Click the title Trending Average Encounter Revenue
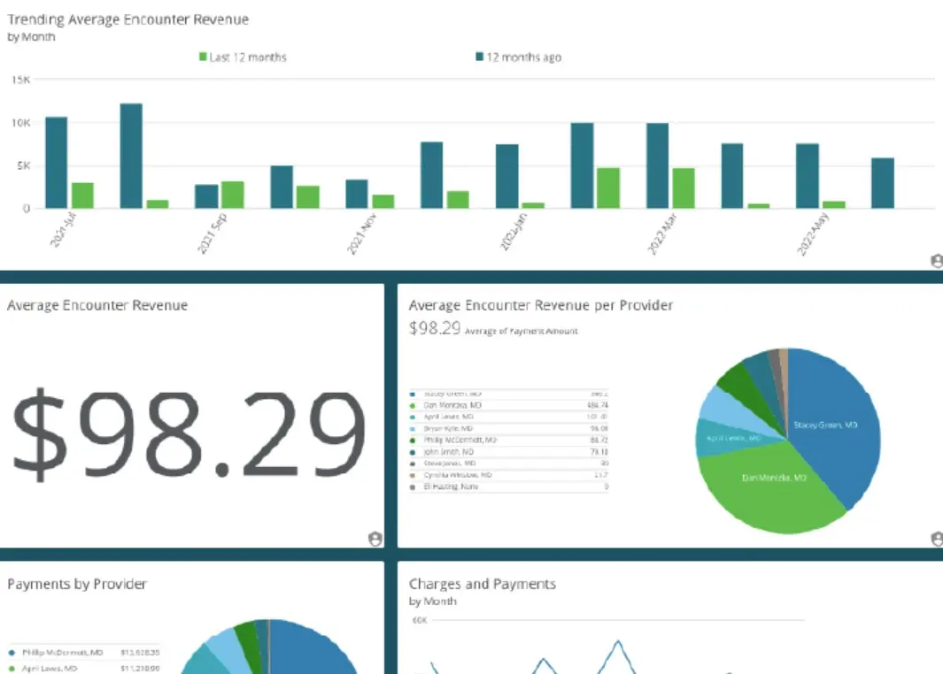(x=128, y=19)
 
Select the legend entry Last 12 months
(x=243, y=57)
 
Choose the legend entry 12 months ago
(x=519, y=57)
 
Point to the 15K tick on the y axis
(x=20, y=80)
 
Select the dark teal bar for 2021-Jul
(x=57, y=163)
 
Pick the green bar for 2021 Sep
(x=233, y=195)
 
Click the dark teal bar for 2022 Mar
(x=657, y=165)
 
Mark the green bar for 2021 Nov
(x=383, y=201)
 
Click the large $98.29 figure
(x=188, y=434)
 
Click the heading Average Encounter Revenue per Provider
(x=540, y=306)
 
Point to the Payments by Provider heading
(x=77, y=585)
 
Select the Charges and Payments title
(x=483, y=585)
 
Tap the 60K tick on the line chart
(x=419, y=621)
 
